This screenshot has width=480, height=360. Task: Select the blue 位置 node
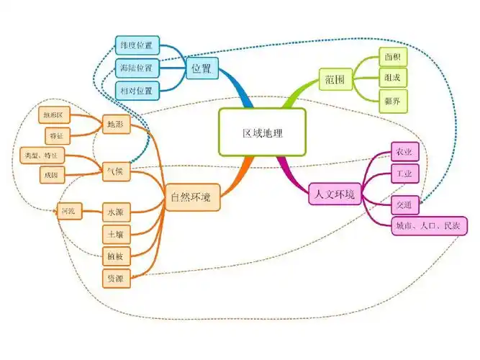[x=202, y=69]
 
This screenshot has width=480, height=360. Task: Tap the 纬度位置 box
[x=137, y=46]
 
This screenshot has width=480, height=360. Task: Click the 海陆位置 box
[x=137, y=68]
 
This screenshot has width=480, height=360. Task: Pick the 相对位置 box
[x=137, y=91]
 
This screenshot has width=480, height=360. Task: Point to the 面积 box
[x=393, y=56]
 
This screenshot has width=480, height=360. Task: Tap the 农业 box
[x=404, y=152]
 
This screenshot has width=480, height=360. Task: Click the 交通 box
[x=404, y=205]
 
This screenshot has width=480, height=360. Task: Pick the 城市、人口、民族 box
[x=427, y=227]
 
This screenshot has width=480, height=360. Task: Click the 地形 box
[x=115, y=125]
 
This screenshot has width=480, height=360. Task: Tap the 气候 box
[x=115, y=171]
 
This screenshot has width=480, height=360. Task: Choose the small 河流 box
[x=69, y=212]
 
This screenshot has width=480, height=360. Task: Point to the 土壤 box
[x=115, y=234]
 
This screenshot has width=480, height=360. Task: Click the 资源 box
[x=115, y=278]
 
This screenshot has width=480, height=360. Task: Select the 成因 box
[x=52, y=175]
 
